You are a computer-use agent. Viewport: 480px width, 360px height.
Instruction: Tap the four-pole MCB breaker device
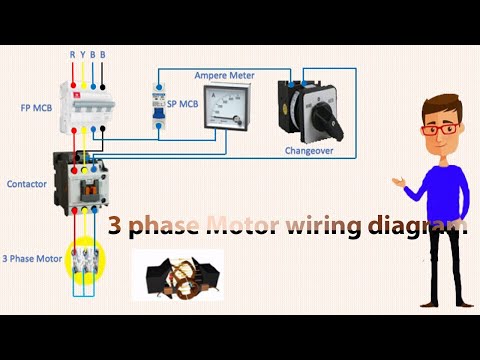[87, 105]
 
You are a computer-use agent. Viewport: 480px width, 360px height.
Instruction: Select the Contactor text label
[27, 185]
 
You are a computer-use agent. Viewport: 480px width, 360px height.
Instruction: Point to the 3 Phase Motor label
[30, 258]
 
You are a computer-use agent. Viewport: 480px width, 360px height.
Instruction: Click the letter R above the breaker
[72, 55]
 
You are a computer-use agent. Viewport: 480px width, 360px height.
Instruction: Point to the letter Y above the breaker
[83, 55]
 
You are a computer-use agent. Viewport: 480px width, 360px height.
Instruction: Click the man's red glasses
[436, 129]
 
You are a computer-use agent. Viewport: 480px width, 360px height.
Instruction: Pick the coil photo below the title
[177, 276]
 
